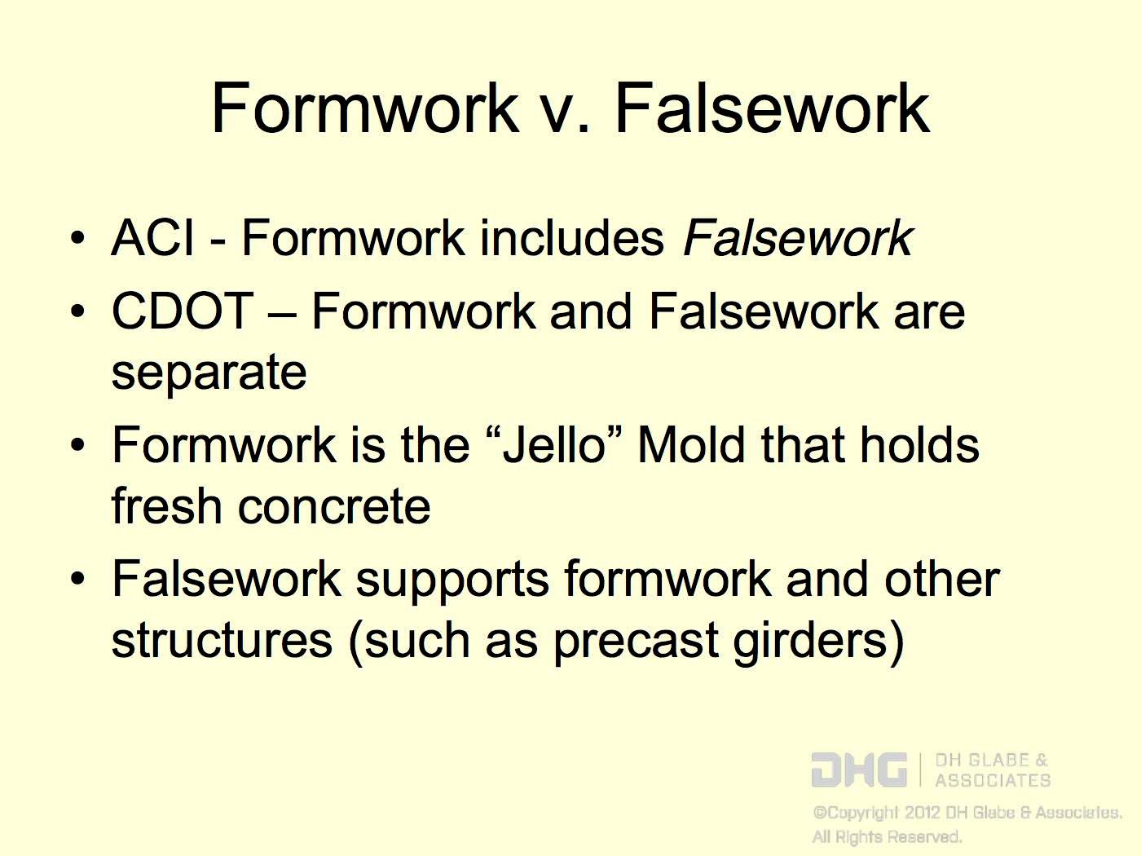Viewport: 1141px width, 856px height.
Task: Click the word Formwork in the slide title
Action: pos(364,108)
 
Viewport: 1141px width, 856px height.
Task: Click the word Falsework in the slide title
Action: pos(771,108)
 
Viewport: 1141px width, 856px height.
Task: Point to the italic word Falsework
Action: pos(797,238)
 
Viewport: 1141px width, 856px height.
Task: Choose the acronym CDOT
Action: pos(182,311)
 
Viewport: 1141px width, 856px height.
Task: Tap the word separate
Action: pos(209,373)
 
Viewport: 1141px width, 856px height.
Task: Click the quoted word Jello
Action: pos(554,445)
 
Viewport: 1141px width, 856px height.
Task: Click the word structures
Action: pos(222,641)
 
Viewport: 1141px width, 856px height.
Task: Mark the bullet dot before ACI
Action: pos(77,240)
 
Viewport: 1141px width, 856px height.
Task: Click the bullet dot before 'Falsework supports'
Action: pos(77,580)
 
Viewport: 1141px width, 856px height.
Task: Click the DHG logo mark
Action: pos(858,770)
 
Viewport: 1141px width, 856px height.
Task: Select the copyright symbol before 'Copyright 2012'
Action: pos(819,813)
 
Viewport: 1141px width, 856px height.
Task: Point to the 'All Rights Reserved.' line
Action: pos(887,837)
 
